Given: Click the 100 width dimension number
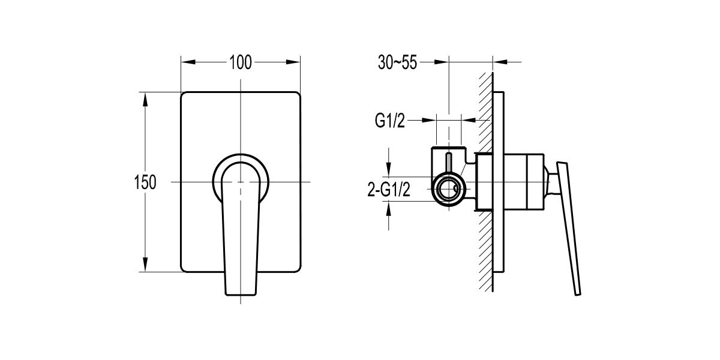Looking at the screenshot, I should click(x=240, y=62).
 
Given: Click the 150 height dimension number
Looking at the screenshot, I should click(x=146, y=182).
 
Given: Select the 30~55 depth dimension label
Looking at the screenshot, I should click(x=397, y=62).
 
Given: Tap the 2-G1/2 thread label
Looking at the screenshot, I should click(x=388, y=190).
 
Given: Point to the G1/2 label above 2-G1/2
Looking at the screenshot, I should click(x=391, y=121).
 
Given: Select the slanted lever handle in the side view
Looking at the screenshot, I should click(x=570, y=228).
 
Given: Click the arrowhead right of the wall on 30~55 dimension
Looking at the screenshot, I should click(x=499, y=61).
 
